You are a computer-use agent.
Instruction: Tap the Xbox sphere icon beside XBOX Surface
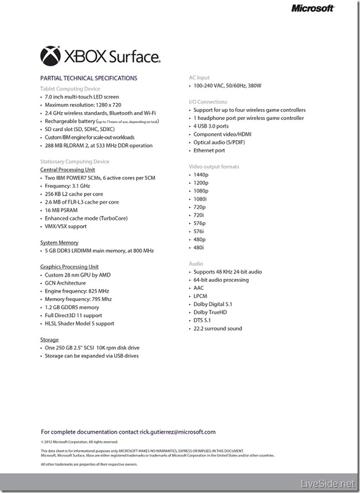tap(50, 57)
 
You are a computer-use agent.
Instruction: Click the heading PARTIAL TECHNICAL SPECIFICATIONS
tap(88, 78)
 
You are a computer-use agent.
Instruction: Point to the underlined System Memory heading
tap(58, 243)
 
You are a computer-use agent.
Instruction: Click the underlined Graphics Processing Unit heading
tap(69, 267)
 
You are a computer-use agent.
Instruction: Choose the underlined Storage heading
tap(49, 340)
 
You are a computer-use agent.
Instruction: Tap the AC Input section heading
tap(200, 77)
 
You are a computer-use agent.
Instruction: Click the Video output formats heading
tap(213, 166)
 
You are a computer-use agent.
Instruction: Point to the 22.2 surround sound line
tap(218, 328)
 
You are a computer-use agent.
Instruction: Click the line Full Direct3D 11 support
tap(73, 315)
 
